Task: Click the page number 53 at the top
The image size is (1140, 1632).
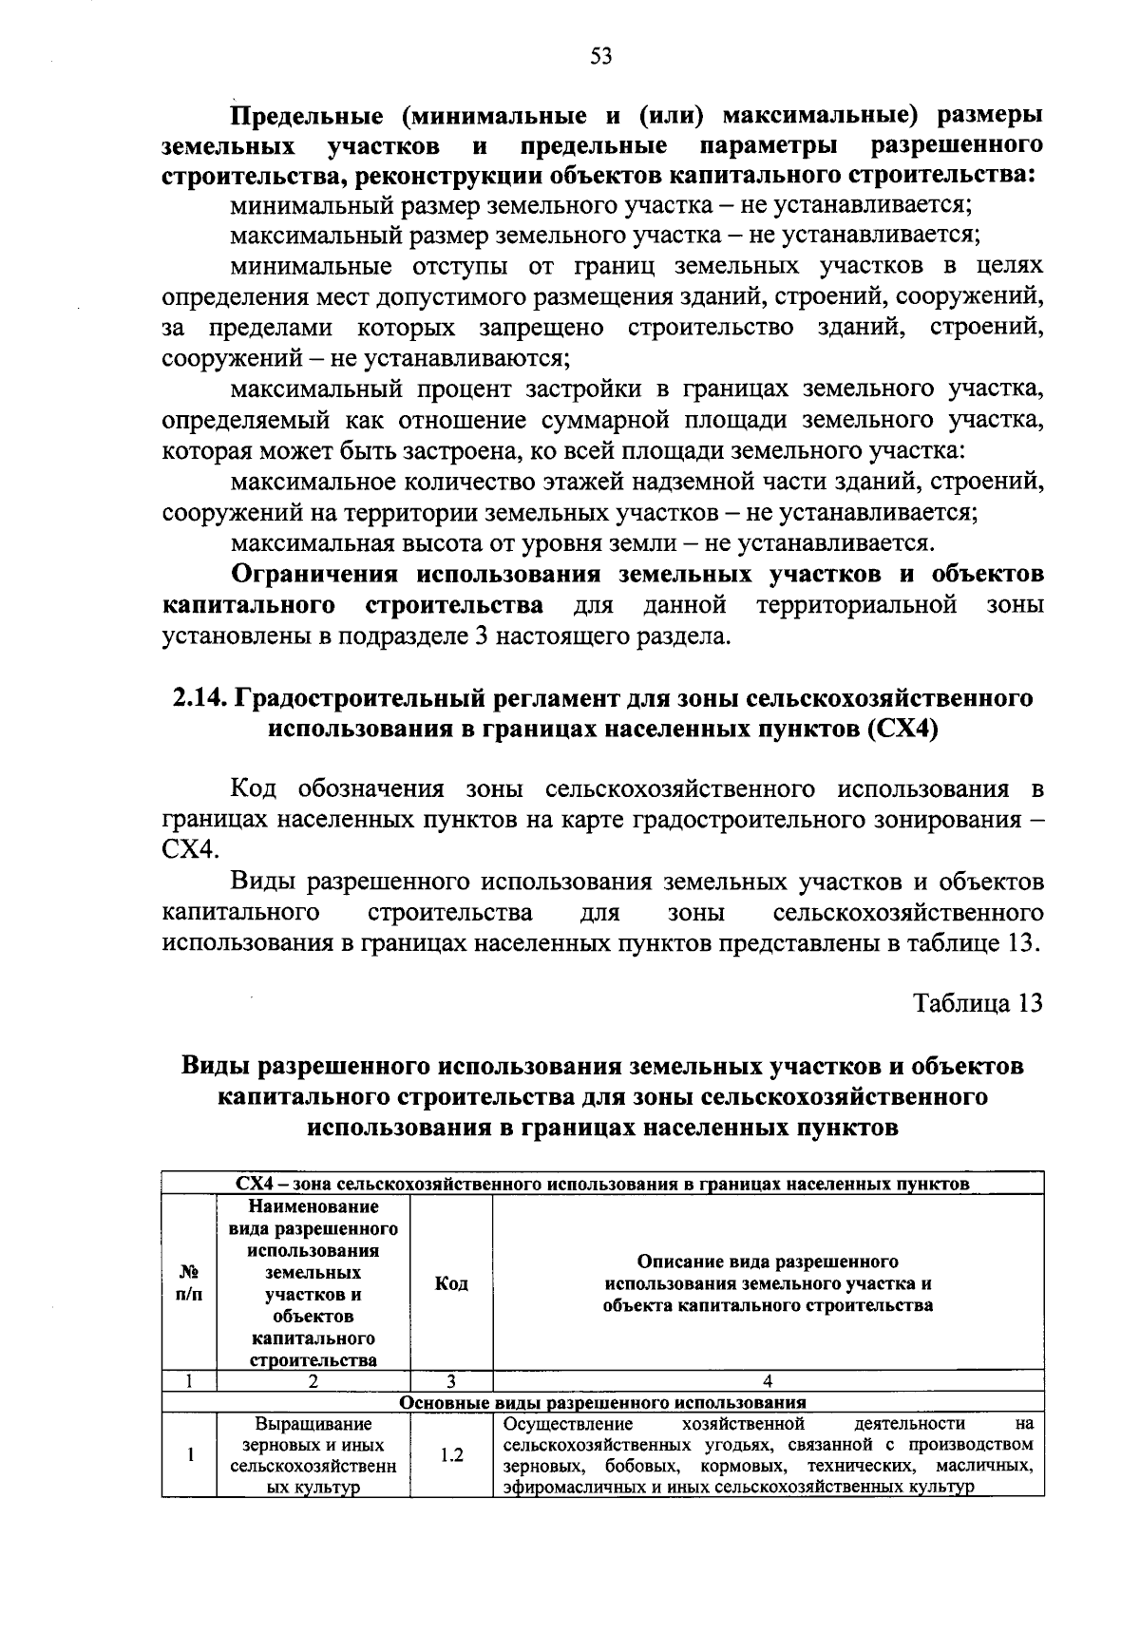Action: point(600,57)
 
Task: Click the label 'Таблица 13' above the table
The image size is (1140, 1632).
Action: point(978,1004)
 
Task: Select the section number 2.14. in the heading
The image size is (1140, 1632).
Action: point(200,699)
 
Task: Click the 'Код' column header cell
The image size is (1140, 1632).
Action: point(451,1284)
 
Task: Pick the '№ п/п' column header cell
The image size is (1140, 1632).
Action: point(189,1284)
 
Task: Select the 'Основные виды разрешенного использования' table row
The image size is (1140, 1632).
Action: point(602,1402)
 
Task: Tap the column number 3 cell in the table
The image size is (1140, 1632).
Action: point(451,1381)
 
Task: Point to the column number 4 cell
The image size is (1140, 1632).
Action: point(768,1381)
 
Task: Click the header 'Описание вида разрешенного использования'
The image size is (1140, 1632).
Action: point(768,1284)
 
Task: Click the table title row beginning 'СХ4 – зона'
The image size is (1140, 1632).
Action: point(602,1184)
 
